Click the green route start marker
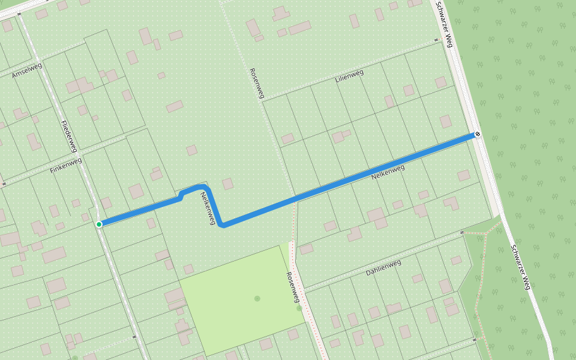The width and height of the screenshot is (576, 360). (x=99, y=224)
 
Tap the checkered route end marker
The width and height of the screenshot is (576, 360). (x=477, y=134)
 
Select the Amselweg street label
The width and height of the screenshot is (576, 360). (x=27, y=70)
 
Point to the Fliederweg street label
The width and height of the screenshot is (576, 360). (x=70, y=136)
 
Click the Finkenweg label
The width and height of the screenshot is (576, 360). (x=65, y=165)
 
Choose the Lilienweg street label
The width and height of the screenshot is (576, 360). (x=350, y=76)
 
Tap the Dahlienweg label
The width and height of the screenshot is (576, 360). (x=383, y=268)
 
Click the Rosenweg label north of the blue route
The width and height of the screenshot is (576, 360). (x=257, y=83)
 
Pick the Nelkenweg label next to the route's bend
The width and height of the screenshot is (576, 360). (x=208, y=208)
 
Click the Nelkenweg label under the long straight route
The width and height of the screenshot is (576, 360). (x=388, y=172)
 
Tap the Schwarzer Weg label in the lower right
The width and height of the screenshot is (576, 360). (x=521, y=267)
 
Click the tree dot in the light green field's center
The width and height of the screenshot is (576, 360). (x=257, y=298)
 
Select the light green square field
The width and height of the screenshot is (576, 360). (x=240, y=300)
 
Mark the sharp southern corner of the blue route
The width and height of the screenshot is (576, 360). (x=223, y=225)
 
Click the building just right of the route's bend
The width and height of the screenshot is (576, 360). (x=228, y=184)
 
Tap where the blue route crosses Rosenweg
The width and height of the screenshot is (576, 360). (x=295, y=198)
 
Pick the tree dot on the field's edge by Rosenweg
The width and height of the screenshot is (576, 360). (x=299, y=308)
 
